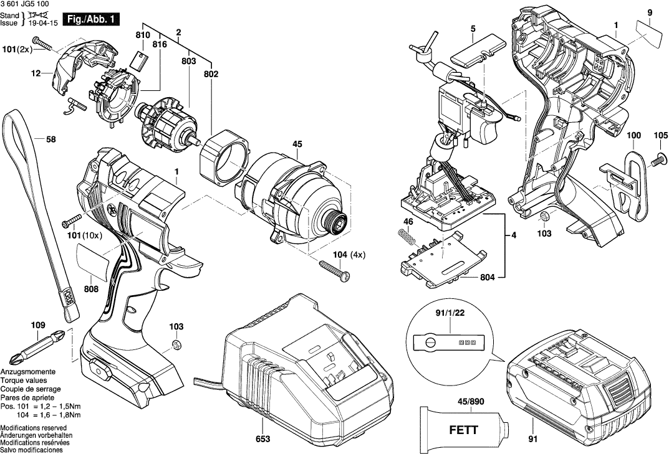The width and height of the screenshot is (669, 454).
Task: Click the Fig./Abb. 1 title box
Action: pyautogui.click(x=90, y=19)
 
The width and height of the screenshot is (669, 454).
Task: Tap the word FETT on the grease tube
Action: pyautogui.click(x=464, y=430)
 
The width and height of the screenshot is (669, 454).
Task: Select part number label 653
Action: pyautogui.click(x=263, y=438)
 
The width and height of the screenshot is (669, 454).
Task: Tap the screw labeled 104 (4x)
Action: pyautogui.click(x=335, y=270)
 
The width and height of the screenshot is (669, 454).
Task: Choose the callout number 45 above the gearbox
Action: pyautogui.click(x=297, y=144)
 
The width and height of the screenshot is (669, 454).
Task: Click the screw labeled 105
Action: pyautogui.click(x=659, y=160)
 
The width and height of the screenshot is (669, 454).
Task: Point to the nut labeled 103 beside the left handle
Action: pyautogui.click(x=175, y=344)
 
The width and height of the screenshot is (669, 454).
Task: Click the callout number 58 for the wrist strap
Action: pyautogui.click(x=51, y=140)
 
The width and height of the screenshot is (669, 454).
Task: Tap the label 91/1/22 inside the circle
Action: pyautogui.click(x=450, y=313)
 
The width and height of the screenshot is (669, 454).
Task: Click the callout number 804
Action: pyautogui.click(x=487, y=277)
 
